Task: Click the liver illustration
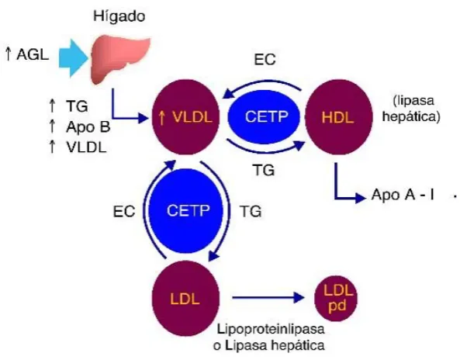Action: pyautogui.click(x=119, y=59)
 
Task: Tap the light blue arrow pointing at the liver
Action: pyautogui.click(x=74, y=58)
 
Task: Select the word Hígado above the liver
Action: pyautogui.click(x=119, y=16)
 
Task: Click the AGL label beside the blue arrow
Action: pyautogui.click(x=33, y=54)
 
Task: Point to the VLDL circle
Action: pyautogui.click(x=185, y=117)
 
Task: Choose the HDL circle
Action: pyautogui.click(x=339, y=117)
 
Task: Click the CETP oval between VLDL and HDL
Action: pyautogui.click(x=264, y=116)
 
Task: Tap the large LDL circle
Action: pyautogui.click(x=185, y=299)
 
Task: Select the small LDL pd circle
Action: pyautogui.click(x=336, y=299)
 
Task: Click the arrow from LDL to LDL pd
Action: pyautogui.click(x=268, y=298)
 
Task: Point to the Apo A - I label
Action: pyautogui.click(x=403, y=195)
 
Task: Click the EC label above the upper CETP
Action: pyautogui.click(x=265, y=60)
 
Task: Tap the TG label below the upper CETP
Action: pyautogui.click(x=264, y=170)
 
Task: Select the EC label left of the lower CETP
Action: pyautogui.click(x=124, y=211)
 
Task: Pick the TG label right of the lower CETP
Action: pyautogui.click(x=251, y=211)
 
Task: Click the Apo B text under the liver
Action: pyautogui.click(x=88, y=126)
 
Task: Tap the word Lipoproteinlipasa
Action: pyautogui.click(x=271, y=330)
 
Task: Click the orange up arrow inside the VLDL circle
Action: pyautogui.click(x=162, y=117)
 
